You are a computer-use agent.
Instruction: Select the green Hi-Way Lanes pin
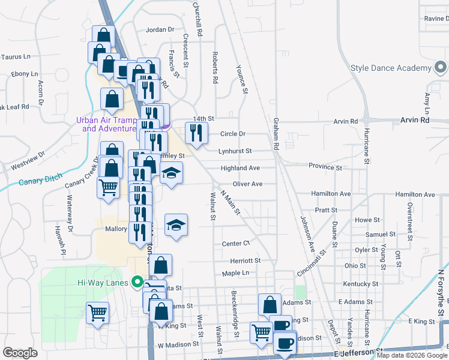coord(137,281)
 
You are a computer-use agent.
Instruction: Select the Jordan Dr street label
coord(160,29)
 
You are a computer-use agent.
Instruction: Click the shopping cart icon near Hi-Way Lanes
coord(98,313)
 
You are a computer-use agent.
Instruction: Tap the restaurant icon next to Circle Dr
coord(196,133)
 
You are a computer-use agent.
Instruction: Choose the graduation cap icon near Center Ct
coord(176,226)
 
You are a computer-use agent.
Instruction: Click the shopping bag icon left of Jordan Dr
coord(103,37)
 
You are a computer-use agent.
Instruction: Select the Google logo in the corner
coord(20,353)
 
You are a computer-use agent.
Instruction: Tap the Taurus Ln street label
coord(16,57)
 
